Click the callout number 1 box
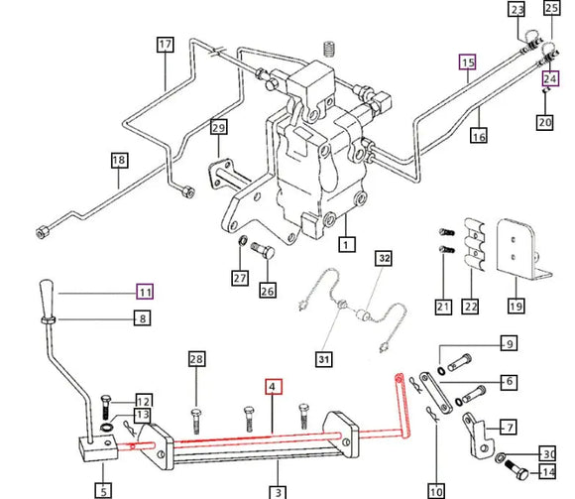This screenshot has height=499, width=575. tap(345, 243)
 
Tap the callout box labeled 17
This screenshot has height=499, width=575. tap(165, 45)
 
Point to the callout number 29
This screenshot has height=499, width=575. tap(218, 127)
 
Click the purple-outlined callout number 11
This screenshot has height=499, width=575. tap(146, 292)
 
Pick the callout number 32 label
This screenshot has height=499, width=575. tap(384, 258)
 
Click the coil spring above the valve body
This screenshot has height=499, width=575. tap(329, 47)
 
